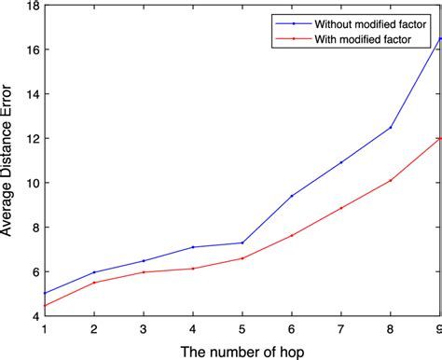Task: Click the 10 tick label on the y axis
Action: coord(33,183)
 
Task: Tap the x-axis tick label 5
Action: coord(242,328)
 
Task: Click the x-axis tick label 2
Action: coord(93,328)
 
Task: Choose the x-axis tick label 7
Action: coord(341,328)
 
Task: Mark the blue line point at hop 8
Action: coord(391,127)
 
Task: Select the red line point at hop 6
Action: coord(292,235)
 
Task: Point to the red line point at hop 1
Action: coord(44,306)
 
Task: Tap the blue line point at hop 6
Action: coord(292,196)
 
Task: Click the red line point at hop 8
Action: coord(391,180)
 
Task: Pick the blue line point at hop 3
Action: coord(143,261)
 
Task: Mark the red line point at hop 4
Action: coord(192,269)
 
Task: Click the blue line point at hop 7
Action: coord(341,162)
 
